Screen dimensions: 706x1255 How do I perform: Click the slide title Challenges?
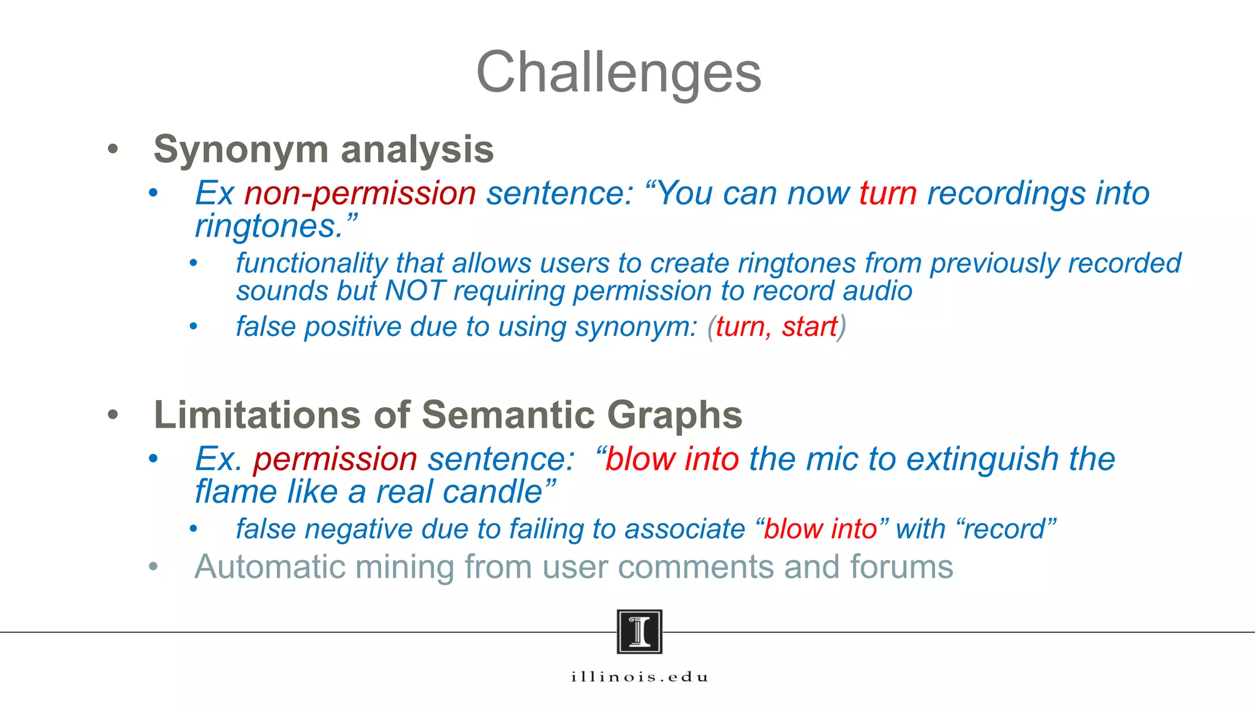click(x=618, y=72)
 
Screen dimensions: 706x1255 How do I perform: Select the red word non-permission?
click(x=360, y=194)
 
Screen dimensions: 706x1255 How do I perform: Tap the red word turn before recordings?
click(x=887, y=194)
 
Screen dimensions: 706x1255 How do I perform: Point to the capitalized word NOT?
click(x=415, y=291)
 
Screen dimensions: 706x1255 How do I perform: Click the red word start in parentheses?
click(x=809, y=327)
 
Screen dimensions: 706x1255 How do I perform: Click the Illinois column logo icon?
click(x=639, y=632)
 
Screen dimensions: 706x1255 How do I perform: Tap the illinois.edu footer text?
click(x=639, y=677)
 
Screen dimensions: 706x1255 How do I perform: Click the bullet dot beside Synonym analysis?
click(x=113, y=149)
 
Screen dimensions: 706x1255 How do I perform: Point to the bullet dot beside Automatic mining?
click(x=153, y=567)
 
